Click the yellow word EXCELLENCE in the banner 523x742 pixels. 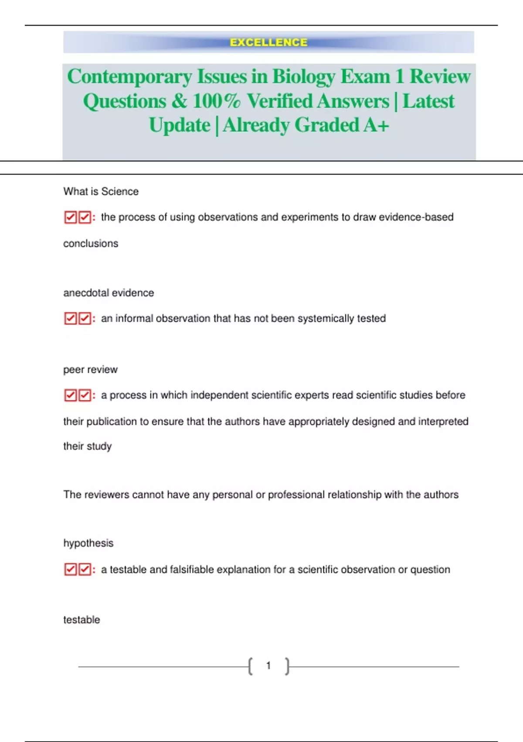coord(268,42)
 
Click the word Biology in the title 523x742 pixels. coord(304,76)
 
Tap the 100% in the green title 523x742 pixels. coord(216,101)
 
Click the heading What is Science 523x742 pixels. coord(101,191)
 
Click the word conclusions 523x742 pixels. coord(91,243)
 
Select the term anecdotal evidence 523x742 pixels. coord(109,292)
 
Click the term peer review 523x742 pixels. coord(90,369)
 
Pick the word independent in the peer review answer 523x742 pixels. coord(219,395)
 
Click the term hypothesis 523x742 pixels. coord(88,543)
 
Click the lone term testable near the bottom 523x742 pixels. coord(82,619)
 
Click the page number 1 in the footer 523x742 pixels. coord(268,666)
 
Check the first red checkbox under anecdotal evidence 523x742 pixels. coord(70,319)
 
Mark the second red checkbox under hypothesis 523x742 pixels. coord(85,570)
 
